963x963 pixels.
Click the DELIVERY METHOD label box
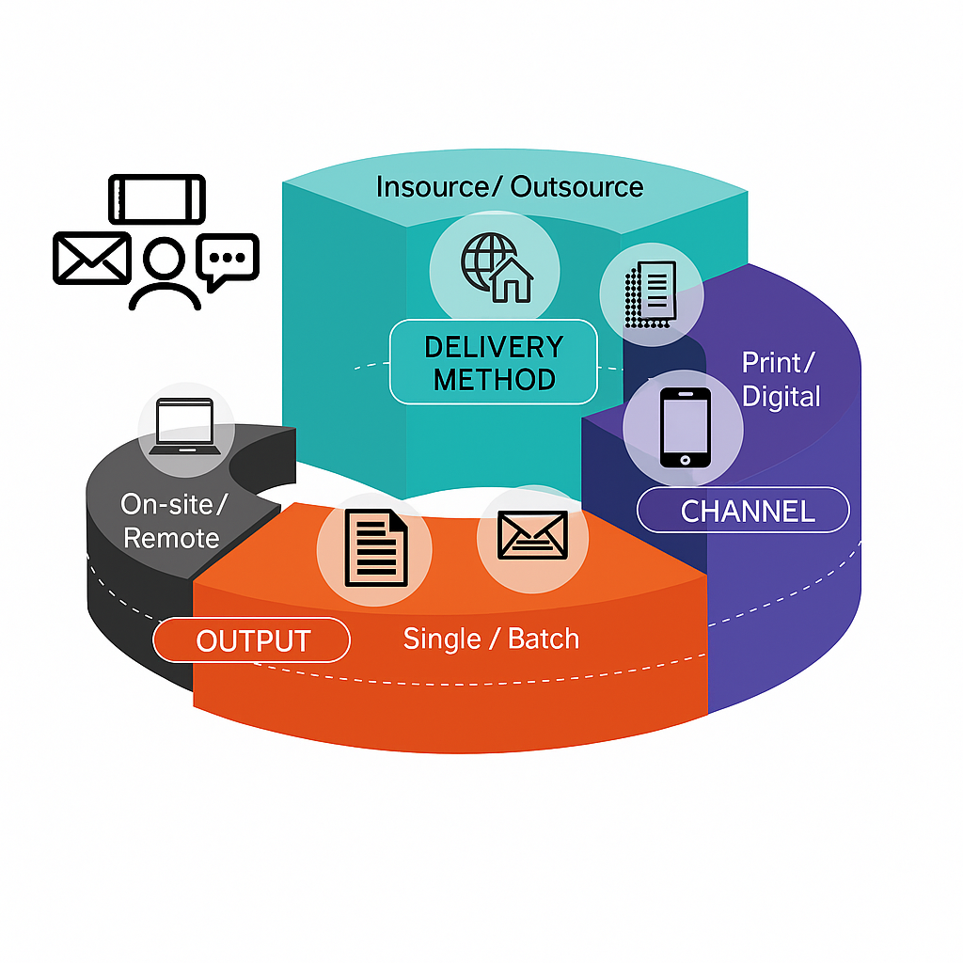coord(493,362)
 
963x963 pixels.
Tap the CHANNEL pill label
coord(743,512)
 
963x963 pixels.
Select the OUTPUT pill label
coord(252,641)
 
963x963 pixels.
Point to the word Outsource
coord(577,187)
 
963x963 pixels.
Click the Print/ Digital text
coord(781,379)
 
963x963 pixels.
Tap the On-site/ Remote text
coord(173,522)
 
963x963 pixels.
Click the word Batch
coord(544,639)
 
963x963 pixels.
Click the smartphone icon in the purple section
coord(684,428)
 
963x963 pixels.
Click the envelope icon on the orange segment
coord(522,536)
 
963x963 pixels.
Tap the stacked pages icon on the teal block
coord(651,292)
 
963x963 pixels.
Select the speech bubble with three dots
coord(227,259)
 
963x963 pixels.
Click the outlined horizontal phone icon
coord(157,198)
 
